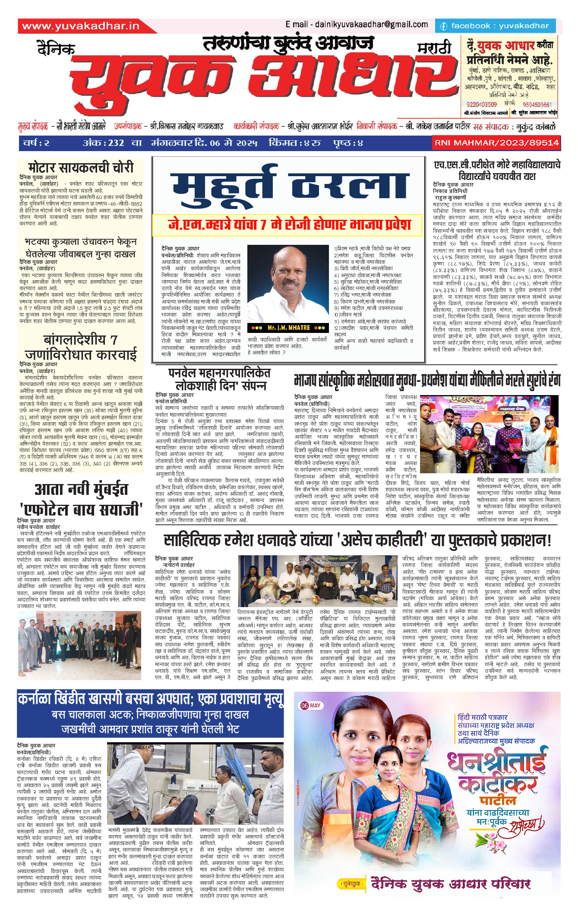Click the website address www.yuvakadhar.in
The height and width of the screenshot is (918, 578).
[81, 26]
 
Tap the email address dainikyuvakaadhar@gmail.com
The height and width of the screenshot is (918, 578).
[357, 25]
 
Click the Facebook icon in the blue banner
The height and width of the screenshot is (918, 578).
[443, 26]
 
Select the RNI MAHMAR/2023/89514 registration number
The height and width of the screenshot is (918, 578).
[496, 143]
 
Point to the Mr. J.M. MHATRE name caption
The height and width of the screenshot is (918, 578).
[288, 328]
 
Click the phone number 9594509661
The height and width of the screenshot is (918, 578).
[537, 104]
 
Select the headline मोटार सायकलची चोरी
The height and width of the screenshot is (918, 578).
[81, 167]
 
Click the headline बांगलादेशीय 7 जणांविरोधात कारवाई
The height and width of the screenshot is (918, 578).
[81, 347]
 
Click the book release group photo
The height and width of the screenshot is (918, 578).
[318, 581]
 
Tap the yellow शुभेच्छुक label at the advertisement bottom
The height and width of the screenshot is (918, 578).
[351, 884]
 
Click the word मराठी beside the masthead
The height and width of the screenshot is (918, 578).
[434, 48]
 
